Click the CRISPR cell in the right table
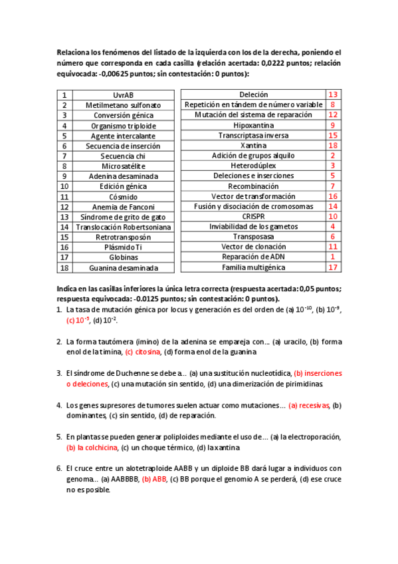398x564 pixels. [x=253, y=216]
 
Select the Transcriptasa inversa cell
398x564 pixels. [x=253, y=135]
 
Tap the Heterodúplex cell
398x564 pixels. [x=253, y=166]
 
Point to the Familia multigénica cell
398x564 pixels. [x=253, y=267]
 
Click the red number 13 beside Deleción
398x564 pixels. [x=333, y=95]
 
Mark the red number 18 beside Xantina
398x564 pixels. [x=333, y=146]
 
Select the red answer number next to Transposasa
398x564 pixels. [x=333, y=237]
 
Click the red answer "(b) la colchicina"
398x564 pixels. [x=89, y=448]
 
